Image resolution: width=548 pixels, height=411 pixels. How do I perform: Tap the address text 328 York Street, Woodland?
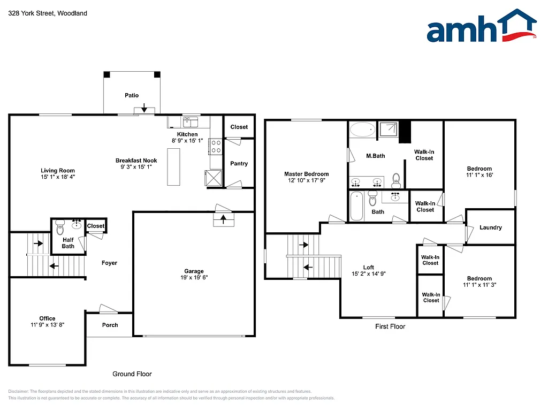tap(48, 13)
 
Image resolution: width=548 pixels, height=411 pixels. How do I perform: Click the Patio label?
tap(132, 95)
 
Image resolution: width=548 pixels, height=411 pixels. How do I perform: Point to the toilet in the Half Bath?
tap(59, 225)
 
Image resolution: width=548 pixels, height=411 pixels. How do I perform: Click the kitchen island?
tap(173, 167)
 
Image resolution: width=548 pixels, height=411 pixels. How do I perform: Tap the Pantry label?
tap(239, 163)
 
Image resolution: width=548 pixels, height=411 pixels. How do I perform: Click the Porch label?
tap(110, 325)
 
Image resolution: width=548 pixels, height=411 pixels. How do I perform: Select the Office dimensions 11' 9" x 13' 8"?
tap(47, 325)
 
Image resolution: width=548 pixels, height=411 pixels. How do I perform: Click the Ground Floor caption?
tap(132, 374)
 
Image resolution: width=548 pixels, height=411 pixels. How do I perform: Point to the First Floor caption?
tap(390, 326)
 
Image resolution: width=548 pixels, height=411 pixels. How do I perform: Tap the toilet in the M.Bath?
tap(396, 178)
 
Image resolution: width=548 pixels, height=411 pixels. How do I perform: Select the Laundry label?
tap(490, 227)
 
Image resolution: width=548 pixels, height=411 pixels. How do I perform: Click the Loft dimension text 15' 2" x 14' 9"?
tap(368, 274)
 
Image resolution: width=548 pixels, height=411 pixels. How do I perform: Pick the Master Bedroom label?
tap(306, 174)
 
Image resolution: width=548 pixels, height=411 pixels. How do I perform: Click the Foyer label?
tap(109, 263)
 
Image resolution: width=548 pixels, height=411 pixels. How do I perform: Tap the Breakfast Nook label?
tap(136, 161)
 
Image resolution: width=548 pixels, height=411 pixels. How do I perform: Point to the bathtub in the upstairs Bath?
tap(356, 206)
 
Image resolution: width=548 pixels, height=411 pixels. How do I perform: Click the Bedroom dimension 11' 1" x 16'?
tap(479, 175)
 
